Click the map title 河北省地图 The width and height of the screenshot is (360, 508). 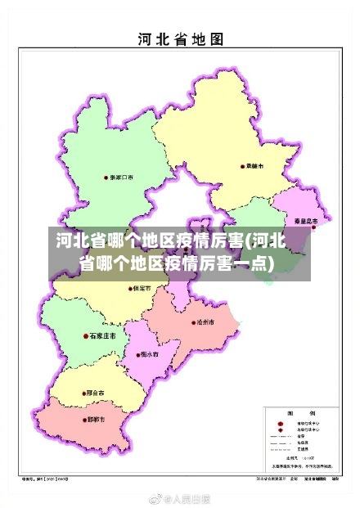[x=179, y=38]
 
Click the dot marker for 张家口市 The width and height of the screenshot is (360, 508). [x=105, y=178]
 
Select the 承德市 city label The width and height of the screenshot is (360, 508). [x=255, y=166]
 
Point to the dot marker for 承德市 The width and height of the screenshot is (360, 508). [x=241, y=166]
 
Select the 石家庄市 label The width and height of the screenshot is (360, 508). [x=104, y=335]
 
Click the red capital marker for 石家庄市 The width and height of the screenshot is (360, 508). [x=86, y=335]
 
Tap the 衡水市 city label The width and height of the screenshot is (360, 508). [x=149, y=354]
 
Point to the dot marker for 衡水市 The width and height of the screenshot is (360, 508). [x=137, y=354]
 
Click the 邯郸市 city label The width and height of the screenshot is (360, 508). [x=98, y=420]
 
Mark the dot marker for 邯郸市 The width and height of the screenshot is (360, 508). [x=85, y=420]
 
